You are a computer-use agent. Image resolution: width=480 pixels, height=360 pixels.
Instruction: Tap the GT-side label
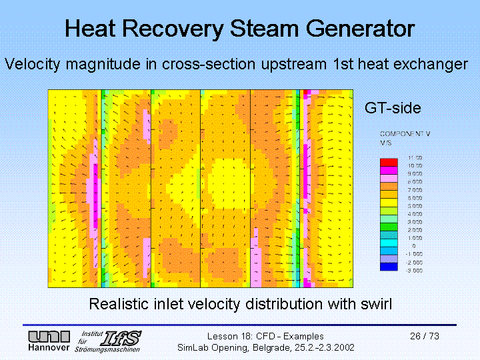coord(393,107)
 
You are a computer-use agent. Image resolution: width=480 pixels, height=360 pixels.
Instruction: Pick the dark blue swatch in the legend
coord(388,267)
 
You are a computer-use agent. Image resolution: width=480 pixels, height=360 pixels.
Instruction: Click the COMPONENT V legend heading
coord(405,134)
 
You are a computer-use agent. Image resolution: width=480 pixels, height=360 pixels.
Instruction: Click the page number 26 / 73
coord(425,336)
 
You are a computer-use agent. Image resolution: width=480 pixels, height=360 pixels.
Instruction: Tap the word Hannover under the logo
coord(48,349)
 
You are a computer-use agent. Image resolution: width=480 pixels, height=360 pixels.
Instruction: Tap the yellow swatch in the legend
coord(388,199)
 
